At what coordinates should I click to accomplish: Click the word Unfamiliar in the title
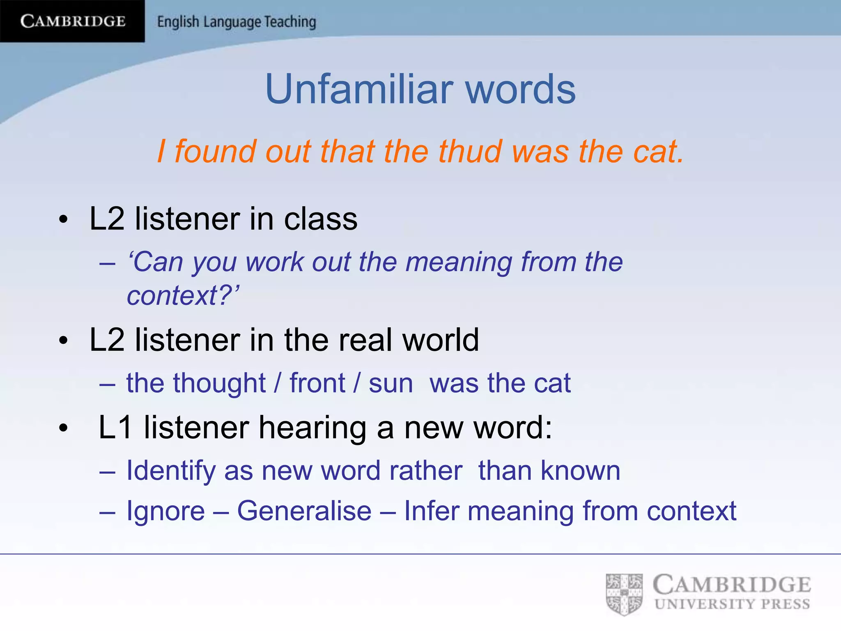coord(359,89)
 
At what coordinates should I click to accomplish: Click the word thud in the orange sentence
coord(470,152)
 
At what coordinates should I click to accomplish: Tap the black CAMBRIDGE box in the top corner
coord(72,21)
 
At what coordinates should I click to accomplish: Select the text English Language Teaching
coord(237,22)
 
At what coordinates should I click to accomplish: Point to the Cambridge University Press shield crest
coord(624,594)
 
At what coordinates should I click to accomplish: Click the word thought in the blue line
coord(219,383)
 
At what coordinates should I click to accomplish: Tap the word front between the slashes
coord(317,383)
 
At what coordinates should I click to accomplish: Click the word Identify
coord(171,471)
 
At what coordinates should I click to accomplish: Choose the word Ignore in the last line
coord(165,511)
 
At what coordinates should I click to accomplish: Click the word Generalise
coord(304,511)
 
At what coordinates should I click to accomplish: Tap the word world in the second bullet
coord(440,340)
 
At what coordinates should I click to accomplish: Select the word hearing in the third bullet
coord(313,428)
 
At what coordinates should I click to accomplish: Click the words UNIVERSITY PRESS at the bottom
coord(732,604)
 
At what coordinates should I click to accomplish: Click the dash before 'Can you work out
coord(107,263)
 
